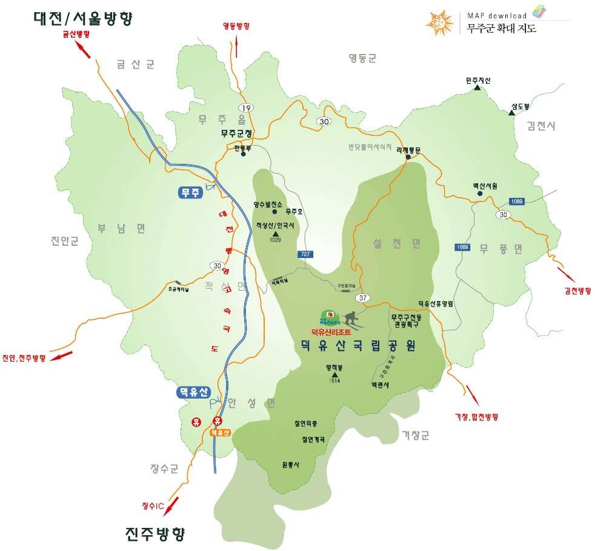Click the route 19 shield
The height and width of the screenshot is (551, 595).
point(246,107)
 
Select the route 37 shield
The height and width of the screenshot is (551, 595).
point(363,297)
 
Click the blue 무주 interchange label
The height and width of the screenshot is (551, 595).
point(190,193)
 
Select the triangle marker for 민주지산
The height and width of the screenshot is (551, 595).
point(477,88)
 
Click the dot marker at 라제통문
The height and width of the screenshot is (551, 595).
point(408,157)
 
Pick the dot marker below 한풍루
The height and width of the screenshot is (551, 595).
point(243,154)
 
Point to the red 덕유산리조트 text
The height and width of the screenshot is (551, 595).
point(331,332)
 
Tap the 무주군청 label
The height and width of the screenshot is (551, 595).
point(236,132)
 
